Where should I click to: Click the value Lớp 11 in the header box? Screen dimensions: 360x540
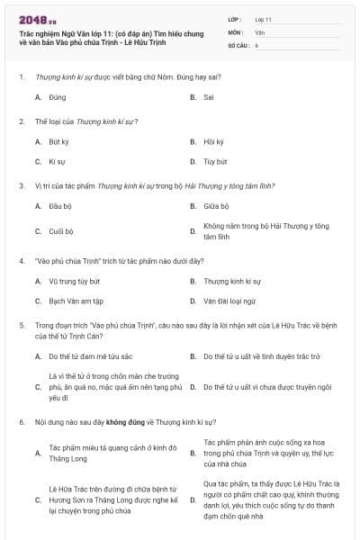click(x=264, y=18)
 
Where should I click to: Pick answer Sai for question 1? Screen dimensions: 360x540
click(x=208, y=96)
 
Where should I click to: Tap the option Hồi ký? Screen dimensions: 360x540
click(x=213, y=141)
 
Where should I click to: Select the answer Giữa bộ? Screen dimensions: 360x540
click(x=215, y=206)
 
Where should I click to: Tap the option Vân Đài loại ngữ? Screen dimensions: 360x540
click(x=229, y=301)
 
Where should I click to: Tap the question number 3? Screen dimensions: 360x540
click(x=21, y=186)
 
